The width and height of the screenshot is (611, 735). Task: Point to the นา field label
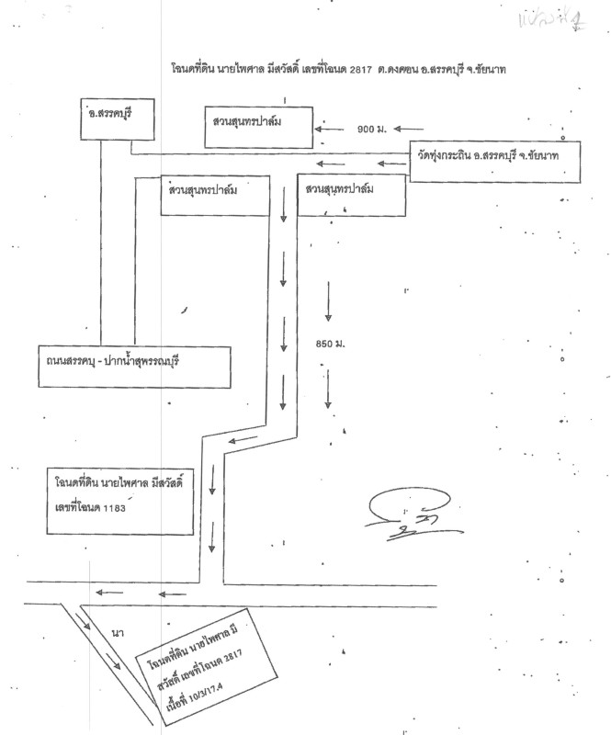pyautogui.click(x=117, y=633)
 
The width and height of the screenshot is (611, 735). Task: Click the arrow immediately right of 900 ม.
pyautogui.click(x=409, y=129)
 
